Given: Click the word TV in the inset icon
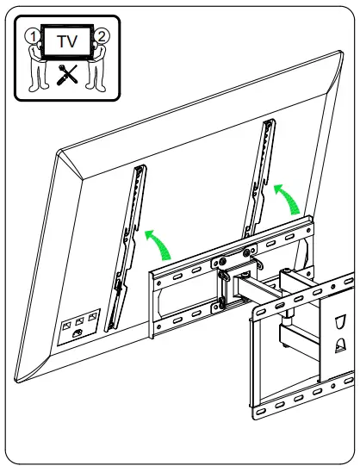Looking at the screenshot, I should [66, 40].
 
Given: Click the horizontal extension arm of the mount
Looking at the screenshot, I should [276, 287].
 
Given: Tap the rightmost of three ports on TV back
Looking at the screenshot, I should [92, 317].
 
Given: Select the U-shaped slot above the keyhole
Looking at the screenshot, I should [338, 321].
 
